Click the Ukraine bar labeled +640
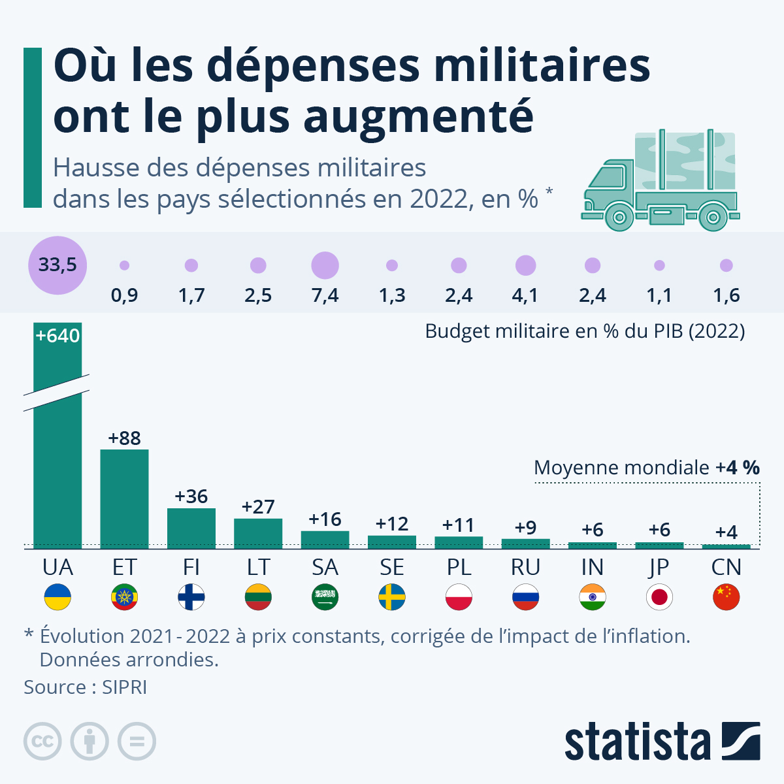coord(57,457)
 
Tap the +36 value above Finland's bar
coord(191,497)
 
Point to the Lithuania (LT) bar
coord(258,533)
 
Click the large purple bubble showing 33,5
coord(57,265)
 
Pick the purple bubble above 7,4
coord(325,265)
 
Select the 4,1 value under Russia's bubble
coord(525,295)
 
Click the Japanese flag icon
coord(659,597)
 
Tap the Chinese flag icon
coord(726,597)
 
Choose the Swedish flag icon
coord(392,597)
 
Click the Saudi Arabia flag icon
coord(325,597)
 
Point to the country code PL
coord(459,567)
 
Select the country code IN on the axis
coord(593,567)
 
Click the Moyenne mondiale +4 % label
coord(646,468)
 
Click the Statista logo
coord(662,742)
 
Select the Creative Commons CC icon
coord(42,742)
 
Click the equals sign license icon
coord(137,742)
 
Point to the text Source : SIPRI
coord(85,687)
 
